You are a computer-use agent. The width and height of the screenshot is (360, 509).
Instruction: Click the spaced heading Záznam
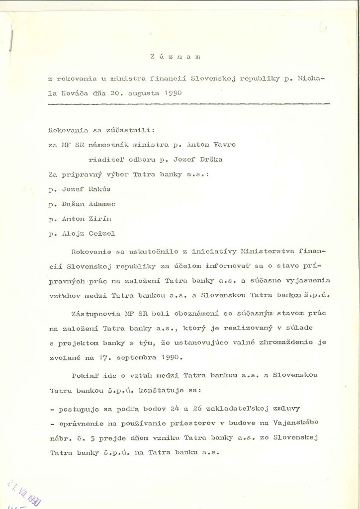point(174,57)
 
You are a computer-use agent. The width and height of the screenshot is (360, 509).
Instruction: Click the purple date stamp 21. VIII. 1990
point(25,489)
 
